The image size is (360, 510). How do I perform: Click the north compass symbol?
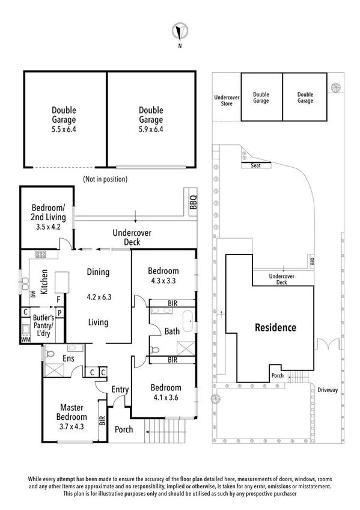[180, 32]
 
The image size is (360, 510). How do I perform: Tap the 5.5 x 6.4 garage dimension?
[64, 129]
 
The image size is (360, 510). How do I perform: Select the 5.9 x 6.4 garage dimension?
[151, 129]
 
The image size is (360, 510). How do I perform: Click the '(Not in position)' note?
[105, 179]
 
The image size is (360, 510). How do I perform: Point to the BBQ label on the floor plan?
[193, 201]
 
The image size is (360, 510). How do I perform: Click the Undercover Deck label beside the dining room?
[132, 237]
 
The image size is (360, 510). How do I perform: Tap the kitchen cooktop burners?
[41, 254]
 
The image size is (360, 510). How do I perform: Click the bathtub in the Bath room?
[188, 321]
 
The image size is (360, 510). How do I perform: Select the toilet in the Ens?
[50, 352]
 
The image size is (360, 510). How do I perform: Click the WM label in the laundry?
[26, 340]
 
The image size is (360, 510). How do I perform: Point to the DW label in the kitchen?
[33, 293]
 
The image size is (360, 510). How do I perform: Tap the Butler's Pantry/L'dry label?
[43, 325]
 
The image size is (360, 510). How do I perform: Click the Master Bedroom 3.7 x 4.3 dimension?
[72, 426]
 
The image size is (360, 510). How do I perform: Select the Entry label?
[120, 390]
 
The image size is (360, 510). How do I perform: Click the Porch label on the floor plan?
[124, 429]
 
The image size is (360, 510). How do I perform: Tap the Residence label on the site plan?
[275, 327]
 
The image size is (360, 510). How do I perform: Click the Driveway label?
[328, 390]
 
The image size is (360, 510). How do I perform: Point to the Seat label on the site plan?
[255, 165]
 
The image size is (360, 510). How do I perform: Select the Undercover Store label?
[227, 100]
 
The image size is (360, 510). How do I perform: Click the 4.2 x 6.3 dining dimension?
[99, 297]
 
